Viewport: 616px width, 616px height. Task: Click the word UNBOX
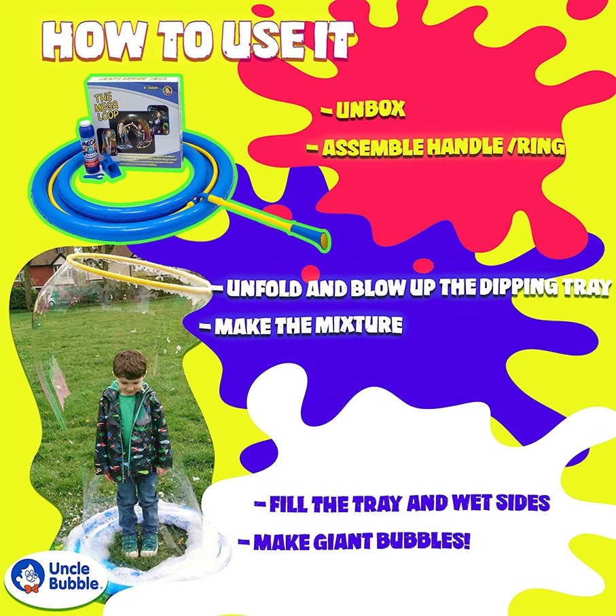click(x=372, y=110)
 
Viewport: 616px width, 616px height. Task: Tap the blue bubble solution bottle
click(x=89, y=147)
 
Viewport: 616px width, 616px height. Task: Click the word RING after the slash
click(x=536, y=148)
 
